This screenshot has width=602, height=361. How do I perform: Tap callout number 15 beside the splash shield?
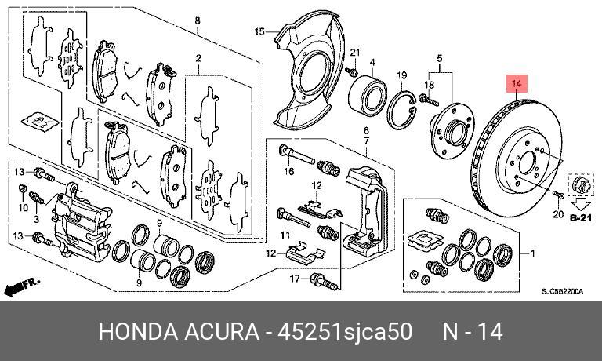[261, 31]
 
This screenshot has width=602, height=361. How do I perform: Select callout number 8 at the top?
[197, 20]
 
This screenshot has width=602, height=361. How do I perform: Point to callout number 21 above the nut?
[354, 53]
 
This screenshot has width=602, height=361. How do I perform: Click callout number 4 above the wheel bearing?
[372, 62]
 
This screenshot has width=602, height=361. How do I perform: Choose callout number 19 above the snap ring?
[401, 75]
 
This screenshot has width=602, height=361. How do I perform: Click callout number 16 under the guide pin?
[288, 171]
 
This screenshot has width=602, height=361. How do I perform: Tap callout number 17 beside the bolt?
[294, 278]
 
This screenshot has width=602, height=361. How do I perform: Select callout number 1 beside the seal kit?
[533, 253]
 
